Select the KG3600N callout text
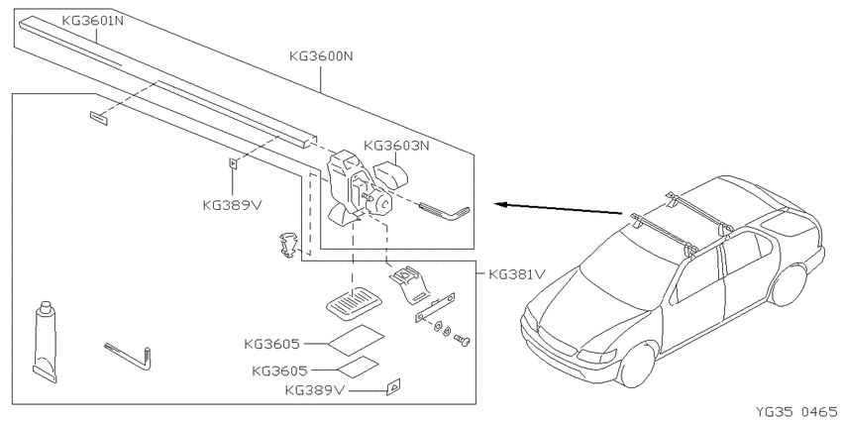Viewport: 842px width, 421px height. point(321,55)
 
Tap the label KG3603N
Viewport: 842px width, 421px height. point(396,146)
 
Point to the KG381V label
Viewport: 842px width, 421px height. point(516,274)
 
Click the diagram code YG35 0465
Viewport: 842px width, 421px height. point(795,411)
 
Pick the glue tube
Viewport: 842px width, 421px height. point(46,342)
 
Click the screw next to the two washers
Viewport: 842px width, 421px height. point(462,340)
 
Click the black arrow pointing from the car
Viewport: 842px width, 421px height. point(559,208)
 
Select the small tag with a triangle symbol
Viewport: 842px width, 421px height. point(393,386)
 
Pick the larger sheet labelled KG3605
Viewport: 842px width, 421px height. point(356,340)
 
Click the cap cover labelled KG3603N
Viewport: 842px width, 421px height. point(390,173)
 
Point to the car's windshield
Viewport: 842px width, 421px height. point(627,272)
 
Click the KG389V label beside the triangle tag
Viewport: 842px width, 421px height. point(314,390)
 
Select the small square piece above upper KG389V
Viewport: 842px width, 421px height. point(234,162)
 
